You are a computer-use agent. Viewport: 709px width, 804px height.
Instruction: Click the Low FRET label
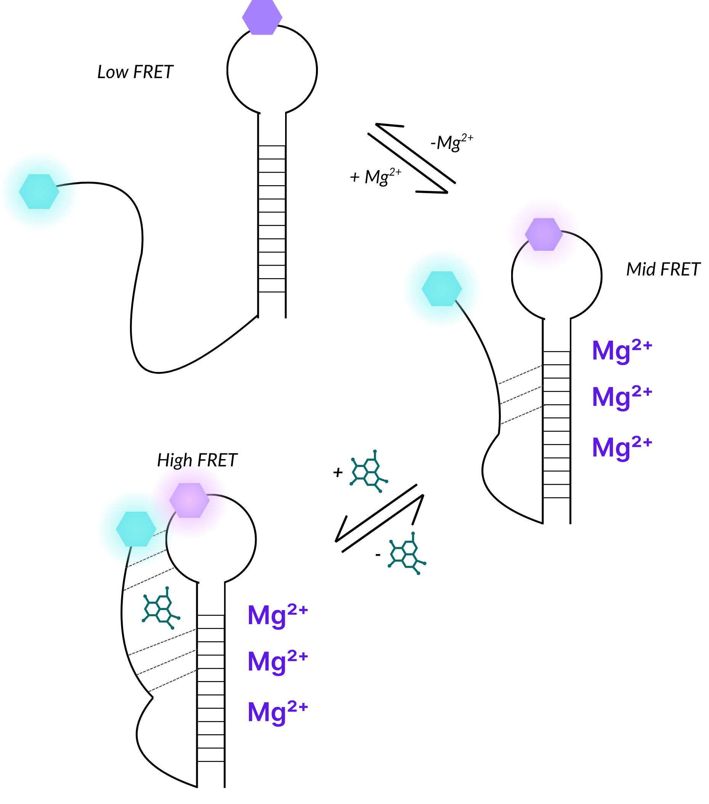135,72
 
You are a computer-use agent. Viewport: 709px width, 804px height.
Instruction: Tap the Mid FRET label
663,270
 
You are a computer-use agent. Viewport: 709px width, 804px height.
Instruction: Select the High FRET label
197,461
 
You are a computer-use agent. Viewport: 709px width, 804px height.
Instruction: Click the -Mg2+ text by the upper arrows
452,142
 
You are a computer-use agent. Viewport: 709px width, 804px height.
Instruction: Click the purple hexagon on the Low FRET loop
262,17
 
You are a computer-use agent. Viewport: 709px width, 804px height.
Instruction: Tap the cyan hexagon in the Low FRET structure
39,192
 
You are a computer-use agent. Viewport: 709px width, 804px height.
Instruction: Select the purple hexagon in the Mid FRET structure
543,234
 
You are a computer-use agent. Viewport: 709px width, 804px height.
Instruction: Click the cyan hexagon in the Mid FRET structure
441,289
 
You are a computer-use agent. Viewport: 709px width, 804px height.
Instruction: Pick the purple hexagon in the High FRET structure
189,500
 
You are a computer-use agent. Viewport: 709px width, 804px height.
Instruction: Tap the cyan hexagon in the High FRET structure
136,529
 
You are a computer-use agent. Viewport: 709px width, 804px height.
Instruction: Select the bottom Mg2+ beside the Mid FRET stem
622,448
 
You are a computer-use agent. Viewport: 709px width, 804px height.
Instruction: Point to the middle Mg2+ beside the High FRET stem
278,661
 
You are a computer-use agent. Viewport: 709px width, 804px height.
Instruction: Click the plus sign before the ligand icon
338,472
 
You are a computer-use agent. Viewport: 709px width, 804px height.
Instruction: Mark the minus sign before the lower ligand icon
378,555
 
